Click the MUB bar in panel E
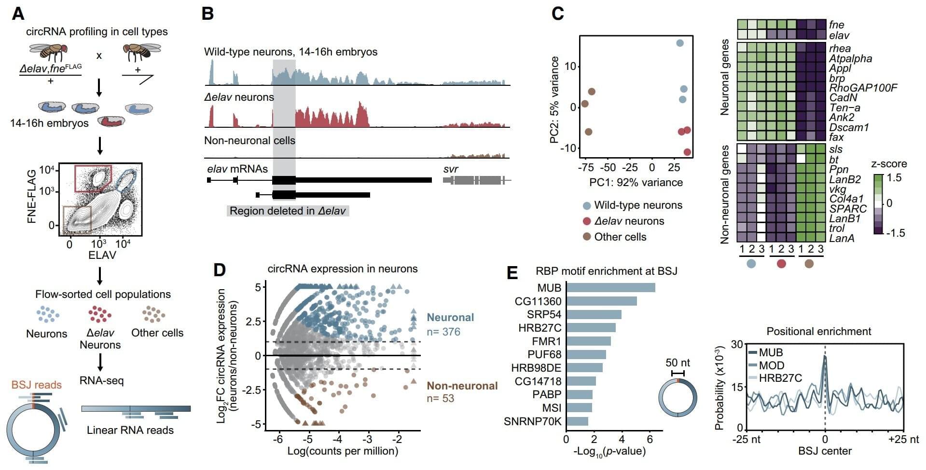pos(610,288)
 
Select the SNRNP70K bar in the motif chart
pos(577,421)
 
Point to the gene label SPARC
pos(848,209)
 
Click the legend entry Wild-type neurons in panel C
pos(638,205)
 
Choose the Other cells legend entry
pos(620,237)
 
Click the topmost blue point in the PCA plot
pos(680,43)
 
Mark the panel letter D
pos(219,269)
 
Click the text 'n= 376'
pos(443,332)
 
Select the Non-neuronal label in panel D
pos(462,386)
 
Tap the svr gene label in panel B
pos(450,169)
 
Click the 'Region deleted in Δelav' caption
pos(288,211)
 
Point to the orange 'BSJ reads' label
pos(37,385)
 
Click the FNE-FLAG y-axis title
pos(32,196)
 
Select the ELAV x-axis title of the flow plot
pos(102,255)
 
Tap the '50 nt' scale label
pos(677,363)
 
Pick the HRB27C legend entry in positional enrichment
pos(780,378)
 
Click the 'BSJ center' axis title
pos(825,451)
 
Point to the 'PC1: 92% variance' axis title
pos(636,182)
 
